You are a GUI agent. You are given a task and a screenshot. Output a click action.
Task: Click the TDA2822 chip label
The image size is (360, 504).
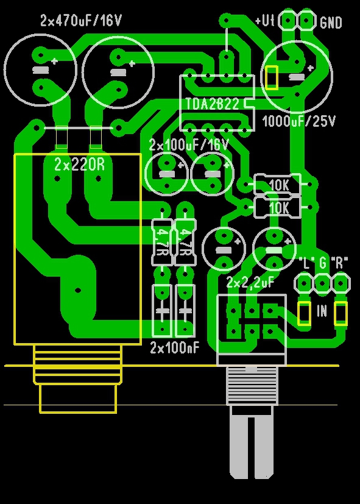213,104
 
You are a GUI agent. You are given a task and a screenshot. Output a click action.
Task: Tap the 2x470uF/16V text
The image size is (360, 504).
81,21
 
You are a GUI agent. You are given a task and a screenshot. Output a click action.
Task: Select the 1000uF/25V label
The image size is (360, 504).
299,121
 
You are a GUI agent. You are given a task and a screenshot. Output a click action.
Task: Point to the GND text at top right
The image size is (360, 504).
331,23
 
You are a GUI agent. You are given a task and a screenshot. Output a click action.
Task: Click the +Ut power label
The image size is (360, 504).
264,21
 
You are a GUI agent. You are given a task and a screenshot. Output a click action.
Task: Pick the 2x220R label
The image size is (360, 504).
80,165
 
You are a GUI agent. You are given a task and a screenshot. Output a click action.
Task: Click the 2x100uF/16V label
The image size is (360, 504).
189,145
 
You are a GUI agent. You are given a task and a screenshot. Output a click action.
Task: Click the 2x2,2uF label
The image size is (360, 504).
250,283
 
